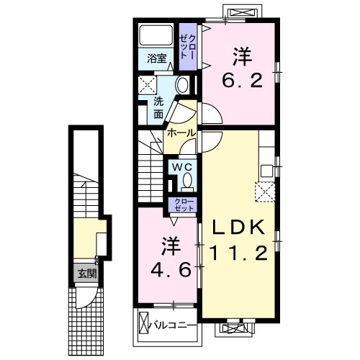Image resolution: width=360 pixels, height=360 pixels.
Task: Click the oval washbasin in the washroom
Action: [182, 85]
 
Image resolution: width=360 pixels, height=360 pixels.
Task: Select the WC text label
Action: [180, 166]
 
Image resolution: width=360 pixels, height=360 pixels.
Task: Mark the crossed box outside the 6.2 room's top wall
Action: [238, 12]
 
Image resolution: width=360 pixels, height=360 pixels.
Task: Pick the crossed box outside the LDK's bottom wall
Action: [238, 328]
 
